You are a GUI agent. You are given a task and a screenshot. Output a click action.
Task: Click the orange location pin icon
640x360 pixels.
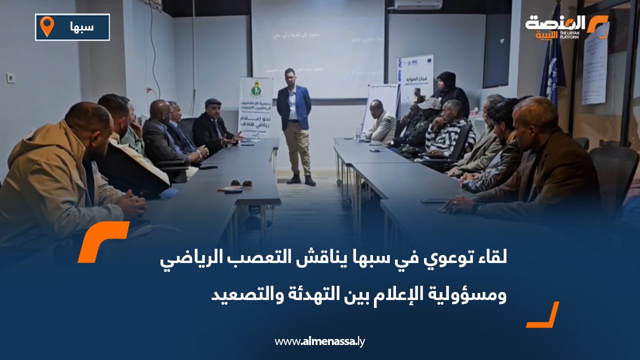click(46, 26)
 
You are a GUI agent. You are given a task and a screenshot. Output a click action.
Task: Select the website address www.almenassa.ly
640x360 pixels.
click(319, 341)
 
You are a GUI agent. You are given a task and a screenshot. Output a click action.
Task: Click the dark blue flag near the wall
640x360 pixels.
click(552, 60)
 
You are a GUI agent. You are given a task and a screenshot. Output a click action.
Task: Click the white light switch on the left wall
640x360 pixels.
click(10, 77)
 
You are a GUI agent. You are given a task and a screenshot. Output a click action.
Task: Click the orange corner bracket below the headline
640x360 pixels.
click(544, 316)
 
